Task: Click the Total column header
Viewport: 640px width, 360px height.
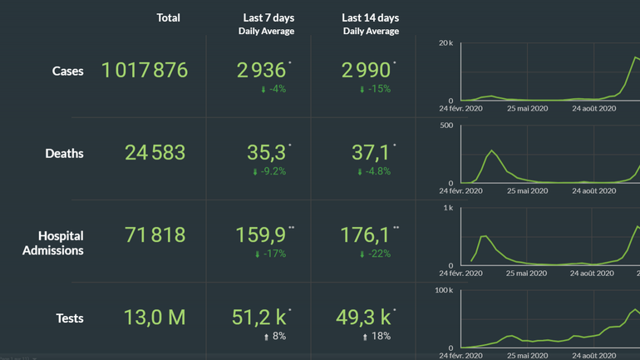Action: tap(168, 17)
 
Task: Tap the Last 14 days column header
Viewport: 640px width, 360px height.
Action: tap(371, 18)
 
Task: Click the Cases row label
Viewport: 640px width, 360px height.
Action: tap(67, 72)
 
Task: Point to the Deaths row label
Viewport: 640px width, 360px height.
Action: tap(64, 153)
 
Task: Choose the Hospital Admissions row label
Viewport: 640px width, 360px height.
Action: tap(53, 243)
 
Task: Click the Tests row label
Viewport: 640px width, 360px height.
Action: tap(69, 318)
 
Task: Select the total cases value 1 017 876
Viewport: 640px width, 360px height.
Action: tap(145, 71)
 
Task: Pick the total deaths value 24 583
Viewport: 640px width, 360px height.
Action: tap(155, 153)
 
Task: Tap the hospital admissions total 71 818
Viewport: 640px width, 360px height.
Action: tap(155, 235)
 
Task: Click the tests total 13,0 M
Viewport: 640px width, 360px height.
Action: tap(155, 318)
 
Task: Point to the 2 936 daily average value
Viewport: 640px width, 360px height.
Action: tap(261, 71)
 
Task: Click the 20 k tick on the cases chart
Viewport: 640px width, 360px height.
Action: tap(446, 42)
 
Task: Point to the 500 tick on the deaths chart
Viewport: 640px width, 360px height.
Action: tap(446, 126)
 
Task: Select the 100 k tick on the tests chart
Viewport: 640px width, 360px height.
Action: tap(444, 290)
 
